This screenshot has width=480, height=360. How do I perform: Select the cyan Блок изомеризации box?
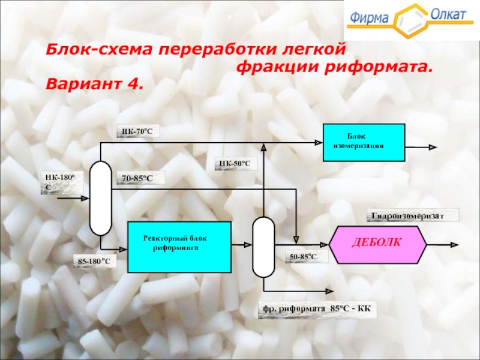[x=364, y=143]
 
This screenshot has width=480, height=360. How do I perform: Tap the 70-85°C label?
[x=139, y=178]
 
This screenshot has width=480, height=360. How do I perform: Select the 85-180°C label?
[x=97, y=261]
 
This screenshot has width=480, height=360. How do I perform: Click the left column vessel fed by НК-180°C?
[x=100, y=198]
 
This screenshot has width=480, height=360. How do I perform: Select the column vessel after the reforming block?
[x=263, y=246]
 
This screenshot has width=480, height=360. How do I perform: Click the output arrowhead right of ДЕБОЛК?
[x=454, y=245]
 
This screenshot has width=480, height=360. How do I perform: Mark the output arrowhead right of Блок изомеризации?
[x=433, y=146]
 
